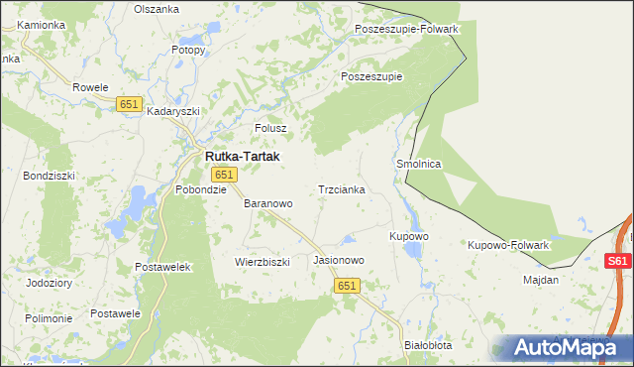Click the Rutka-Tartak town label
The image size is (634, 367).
(242, 157)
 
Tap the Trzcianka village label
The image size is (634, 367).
(342, 188)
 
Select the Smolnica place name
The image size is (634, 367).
(418, 164)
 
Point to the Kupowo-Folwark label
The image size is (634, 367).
(508, 244)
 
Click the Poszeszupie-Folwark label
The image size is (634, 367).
(407, 29)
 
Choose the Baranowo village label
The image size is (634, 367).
(268, 203)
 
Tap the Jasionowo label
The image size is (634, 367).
(339, 260)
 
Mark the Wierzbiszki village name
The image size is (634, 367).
(262, 262)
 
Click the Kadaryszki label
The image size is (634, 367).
(174, 112)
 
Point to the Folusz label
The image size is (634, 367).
(270, 128)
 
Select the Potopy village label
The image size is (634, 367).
(188, 49)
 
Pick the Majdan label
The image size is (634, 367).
(541, 280)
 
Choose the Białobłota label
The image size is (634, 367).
(429, 345)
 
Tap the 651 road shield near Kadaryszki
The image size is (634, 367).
(129, 104)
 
